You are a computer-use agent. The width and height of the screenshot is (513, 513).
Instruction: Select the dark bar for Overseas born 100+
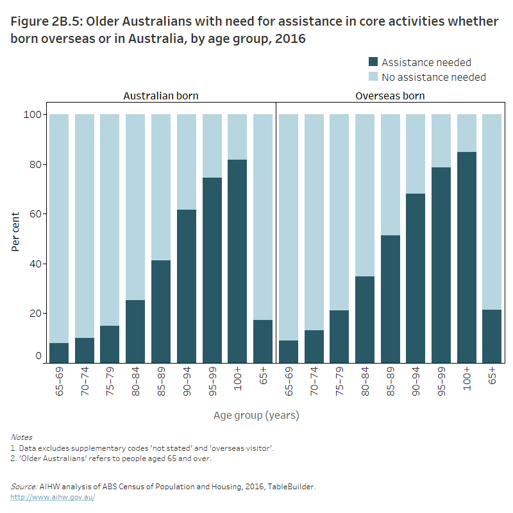[466, 257]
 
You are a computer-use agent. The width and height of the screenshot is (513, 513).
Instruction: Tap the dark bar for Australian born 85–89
[161, 312]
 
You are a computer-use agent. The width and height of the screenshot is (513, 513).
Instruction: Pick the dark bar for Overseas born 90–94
[416, 278]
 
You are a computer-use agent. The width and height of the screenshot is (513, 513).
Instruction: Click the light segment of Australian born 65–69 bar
[59, 228]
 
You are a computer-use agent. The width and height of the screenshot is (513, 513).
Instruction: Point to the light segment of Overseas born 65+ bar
[492, 212]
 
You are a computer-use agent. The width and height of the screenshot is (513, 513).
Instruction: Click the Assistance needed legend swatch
[373, 62]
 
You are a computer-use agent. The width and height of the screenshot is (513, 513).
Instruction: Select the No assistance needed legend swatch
[373, 77]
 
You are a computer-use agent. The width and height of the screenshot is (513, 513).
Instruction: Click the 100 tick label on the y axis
[32, 115]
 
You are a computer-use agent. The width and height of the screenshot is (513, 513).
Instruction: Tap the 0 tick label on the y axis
[38, 356]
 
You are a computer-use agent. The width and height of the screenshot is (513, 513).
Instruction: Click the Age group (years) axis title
[256, 416]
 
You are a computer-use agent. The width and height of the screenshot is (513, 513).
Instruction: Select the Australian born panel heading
[161, 96]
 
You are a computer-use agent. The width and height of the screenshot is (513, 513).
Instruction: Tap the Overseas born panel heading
[390, 96]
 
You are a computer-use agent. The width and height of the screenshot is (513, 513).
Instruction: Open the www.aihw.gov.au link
[53, 497]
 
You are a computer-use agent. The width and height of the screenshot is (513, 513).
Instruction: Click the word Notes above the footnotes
[21, 437]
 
